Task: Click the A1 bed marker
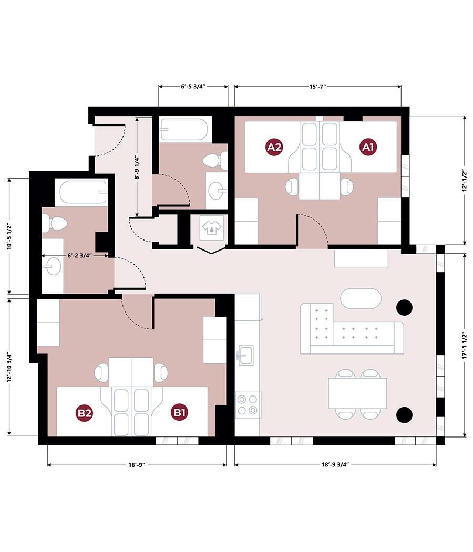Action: (x=368, y=147)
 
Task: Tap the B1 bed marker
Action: (x=180, y=413)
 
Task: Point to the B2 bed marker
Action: (x=85, y=413)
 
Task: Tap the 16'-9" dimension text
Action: (x=137, y=465)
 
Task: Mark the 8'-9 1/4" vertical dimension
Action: (x=137, y=167)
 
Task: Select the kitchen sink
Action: (x=245, y=355)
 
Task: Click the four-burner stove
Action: (x=247, y=404)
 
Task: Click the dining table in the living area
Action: (x=357, y=393)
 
